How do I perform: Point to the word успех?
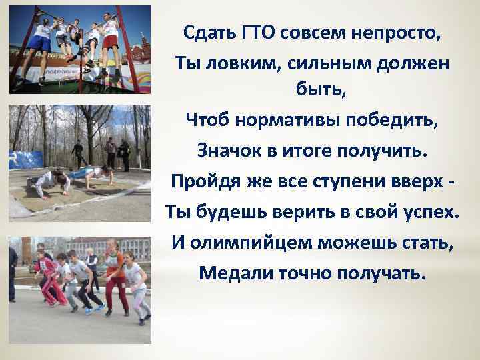click(423, 211)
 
